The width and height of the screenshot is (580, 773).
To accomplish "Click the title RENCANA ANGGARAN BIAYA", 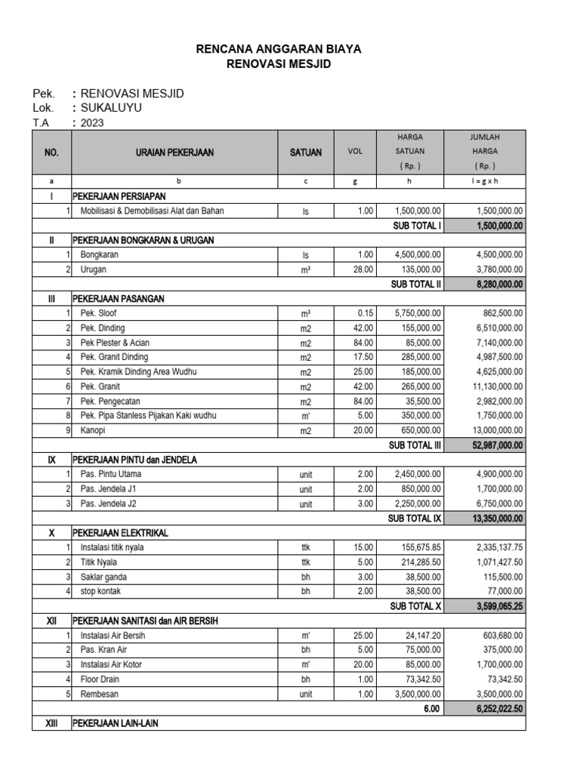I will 279,49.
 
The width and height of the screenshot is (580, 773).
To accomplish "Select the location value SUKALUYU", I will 110,108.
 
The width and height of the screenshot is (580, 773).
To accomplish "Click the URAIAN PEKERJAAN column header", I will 174,152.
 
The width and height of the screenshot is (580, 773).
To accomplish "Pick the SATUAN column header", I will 306,152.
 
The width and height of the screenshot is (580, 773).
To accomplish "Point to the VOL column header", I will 355,152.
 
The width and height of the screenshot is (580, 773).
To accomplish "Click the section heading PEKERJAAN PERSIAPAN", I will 119,196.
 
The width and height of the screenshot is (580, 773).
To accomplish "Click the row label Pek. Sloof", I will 98,313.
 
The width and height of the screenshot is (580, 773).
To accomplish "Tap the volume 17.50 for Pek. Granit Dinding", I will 363,357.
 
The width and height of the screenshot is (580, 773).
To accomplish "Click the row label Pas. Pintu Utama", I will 111,474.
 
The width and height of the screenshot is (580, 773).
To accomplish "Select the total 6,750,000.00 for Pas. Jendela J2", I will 497,504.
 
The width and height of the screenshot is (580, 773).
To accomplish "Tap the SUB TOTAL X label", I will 415,606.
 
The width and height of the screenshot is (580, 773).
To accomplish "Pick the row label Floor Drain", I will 102,679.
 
